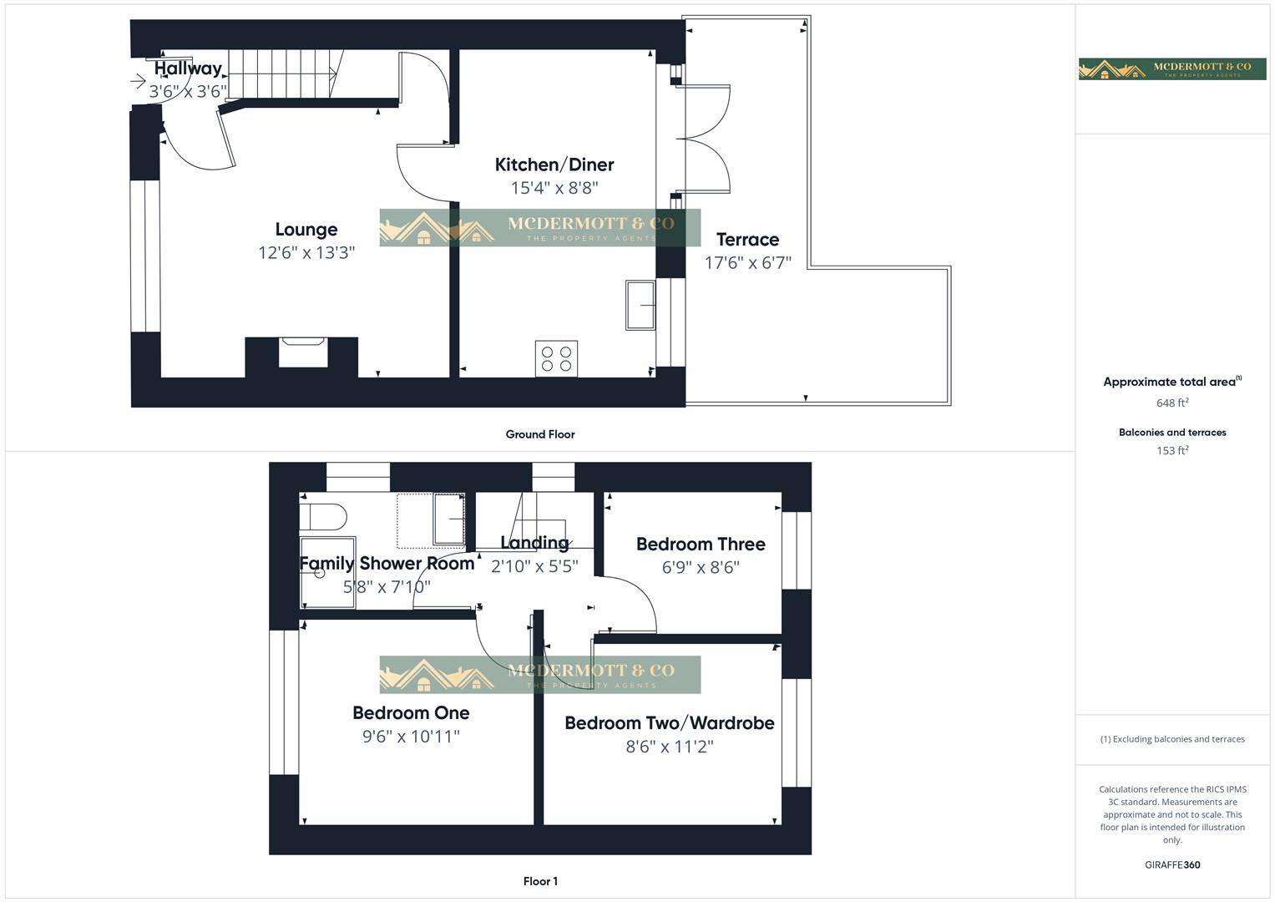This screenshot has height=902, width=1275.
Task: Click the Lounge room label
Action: point(306,230)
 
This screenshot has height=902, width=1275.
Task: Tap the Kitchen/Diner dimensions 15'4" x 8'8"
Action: point(554,188)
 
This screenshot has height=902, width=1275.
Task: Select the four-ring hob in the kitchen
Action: point(556,358)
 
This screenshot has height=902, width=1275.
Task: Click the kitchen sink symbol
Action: point(640,305)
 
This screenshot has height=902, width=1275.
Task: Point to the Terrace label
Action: point(747,240)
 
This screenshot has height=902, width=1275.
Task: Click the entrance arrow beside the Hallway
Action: point(139,81)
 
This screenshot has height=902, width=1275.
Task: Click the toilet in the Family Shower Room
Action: point(323,516)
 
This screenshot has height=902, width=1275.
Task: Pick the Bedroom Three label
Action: point(701,545)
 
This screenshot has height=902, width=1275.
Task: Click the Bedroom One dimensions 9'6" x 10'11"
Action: point(411,737)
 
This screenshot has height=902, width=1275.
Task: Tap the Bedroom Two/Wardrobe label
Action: point(670,723)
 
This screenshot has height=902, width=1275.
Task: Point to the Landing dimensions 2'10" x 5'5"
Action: point(534,567)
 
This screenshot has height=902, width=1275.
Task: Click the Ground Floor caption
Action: point(540,434)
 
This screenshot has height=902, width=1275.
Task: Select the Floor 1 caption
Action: point(540,881)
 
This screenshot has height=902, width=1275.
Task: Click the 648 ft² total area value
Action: point(1172,403)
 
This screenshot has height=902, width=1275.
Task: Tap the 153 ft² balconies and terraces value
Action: point(1172,450)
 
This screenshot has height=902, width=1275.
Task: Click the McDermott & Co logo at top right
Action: point(1172,69)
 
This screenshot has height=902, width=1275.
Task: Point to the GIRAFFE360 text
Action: point(1172,865)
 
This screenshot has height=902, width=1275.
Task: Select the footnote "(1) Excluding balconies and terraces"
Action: point(1172,739)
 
